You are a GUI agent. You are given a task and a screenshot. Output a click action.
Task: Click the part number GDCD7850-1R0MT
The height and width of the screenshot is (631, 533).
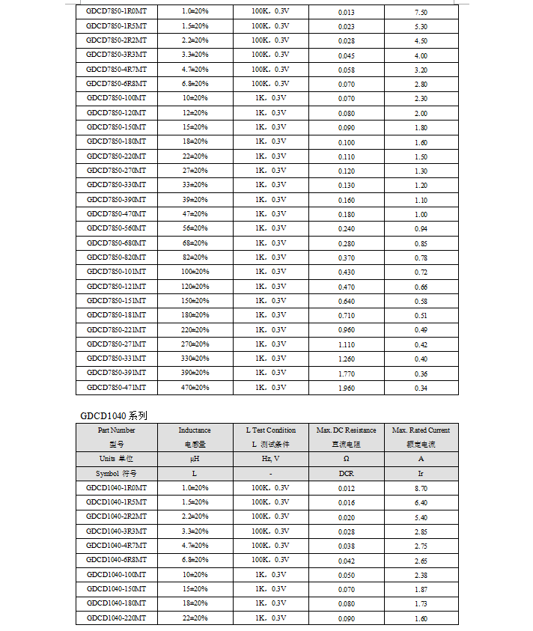[116, 12]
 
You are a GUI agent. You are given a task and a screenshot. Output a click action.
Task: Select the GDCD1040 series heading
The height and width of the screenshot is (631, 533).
[115, 415]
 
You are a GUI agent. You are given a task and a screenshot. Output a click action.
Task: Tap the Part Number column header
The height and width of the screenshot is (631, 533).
[116, 430]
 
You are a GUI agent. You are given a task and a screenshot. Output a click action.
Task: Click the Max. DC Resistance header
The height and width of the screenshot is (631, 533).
[346, 430]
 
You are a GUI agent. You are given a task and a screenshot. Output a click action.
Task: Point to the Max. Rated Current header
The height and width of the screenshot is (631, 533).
[421, 430]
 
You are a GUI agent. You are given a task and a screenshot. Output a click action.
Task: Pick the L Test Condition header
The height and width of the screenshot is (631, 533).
[270, 430]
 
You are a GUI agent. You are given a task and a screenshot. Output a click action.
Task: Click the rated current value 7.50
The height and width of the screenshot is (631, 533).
[421, 12]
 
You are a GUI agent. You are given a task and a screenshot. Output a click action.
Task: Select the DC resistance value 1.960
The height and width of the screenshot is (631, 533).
[346, 388]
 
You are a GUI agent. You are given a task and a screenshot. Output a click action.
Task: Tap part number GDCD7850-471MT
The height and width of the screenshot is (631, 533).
[116, 388]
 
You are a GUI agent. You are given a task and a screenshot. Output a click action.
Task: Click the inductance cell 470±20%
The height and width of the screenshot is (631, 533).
[195, 388]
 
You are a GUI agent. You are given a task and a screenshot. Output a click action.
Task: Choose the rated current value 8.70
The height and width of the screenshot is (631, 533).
[421, 488]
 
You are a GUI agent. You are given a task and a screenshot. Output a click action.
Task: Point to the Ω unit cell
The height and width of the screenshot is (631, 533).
[346, 459]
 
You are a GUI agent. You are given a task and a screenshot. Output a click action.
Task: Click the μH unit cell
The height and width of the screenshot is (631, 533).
[195, 459]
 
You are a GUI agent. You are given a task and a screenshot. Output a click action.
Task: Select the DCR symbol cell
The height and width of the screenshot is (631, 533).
[346, 474]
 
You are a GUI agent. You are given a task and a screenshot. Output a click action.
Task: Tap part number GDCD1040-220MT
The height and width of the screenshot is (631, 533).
[116, 618]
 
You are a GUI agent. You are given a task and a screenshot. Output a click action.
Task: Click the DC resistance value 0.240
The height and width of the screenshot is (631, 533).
[346, 228]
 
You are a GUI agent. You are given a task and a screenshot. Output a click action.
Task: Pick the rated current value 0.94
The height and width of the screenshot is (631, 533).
[421, 228]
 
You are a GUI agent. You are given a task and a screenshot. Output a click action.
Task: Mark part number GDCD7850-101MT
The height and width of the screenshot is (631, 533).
[116, 272]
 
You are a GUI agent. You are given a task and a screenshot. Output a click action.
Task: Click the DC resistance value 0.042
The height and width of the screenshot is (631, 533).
[346, 561]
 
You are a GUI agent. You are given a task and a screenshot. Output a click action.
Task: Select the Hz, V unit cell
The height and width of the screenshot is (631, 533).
[270, 459]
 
